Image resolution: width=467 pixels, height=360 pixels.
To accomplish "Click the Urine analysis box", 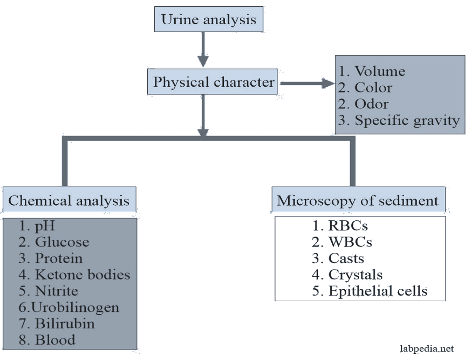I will [x=208, y=20].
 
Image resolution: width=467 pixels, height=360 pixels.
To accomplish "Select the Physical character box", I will [x=213, y=82].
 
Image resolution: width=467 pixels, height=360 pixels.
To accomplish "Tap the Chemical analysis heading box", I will [x=69, y=200].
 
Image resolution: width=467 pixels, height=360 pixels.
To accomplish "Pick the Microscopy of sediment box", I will [x=357, y=200].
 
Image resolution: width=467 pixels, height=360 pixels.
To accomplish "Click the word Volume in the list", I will [x=380, y=71].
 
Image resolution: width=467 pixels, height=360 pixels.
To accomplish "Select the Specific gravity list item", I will [x=407, y=120].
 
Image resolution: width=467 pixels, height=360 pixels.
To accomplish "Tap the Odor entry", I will [x=371, y=103].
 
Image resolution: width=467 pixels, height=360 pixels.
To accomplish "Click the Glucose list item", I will [x=62, y=242].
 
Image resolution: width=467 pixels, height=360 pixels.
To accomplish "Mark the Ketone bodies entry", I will [x=82, y=275].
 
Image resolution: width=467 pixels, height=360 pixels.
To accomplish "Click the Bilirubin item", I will [x=65, y=323].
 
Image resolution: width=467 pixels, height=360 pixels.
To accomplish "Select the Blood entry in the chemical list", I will [x=55, y=339].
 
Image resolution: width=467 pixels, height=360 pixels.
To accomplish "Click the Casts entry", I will [x=346, y=258].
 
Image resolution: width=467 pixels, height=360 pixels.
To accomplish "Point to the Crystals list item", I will [x=355, y=275].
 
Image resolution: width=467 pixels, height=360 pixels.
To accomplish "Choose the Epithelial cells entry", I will [x=378, y=291].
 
